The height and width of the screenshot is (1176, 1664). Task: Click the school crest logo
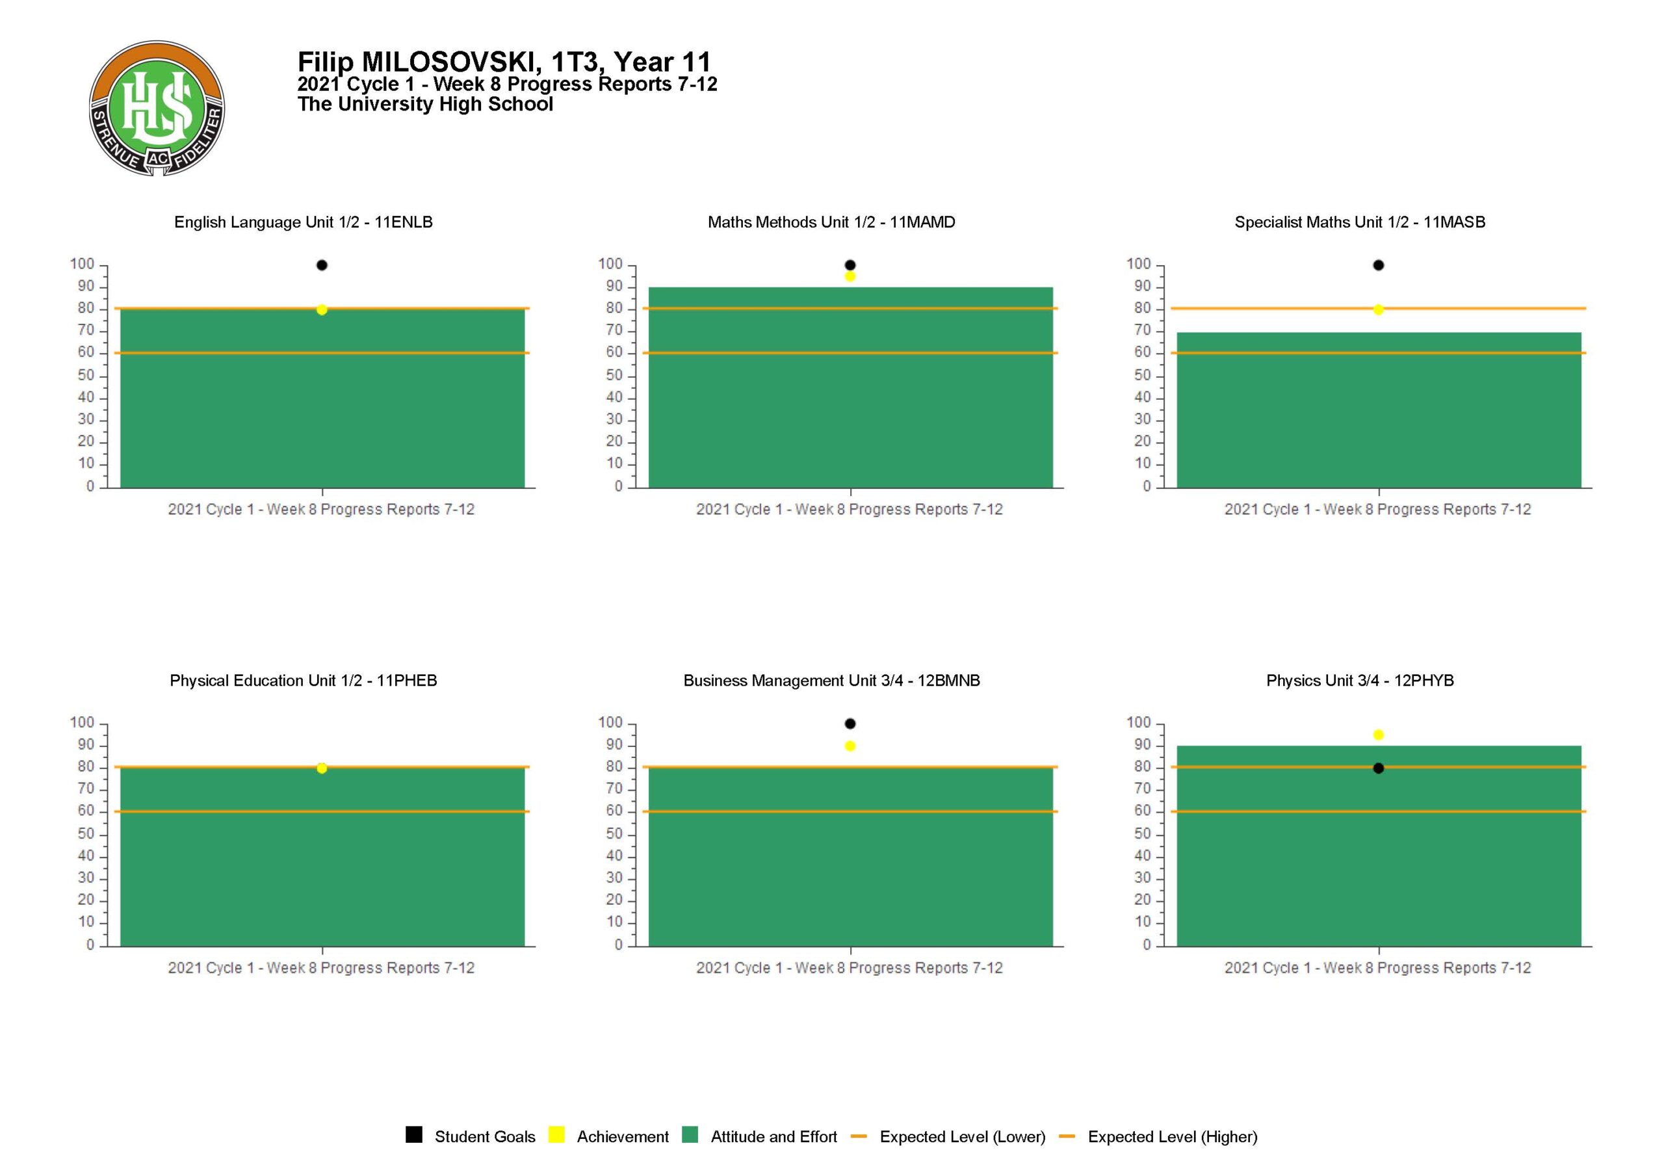(157, 108)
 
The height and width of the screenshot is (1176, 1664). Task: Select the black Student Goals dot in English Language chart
(322, 265)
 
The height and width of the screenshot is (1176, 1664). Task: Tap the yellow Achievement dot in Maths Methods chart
(850, 276)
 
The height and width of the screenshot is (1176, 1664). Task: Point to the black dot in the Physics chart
(1379, 768)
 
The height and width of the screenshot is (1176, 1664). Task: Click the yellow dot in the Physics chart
(1379, 735)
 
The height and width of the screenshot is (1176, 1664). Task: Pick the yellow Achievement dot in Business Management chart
(850, 746)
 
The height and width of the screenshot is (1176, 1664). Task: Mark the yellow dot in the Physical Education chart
(322, 768)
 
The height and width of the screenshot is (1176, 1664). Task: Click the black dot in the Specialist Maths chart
(1379, 265)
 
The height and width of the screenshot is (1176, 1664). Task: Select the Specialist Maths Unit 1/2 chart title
(1360, 222)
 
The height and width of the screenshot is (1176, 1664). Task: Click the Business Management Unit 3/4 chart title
(831, 681)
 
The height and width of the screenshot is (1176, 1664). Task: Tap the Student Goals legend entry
(471, 1137)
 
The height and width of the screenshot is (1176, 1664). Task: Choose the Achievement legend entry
(610, 1137)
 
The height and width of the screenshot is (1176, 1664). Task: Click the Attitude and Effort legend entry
(760, 1137)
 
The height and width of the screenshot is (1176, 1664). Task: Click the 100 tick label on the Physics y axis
(1138, 723)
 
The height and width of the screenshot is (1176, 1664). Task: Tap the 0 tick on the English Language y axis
(90, 486)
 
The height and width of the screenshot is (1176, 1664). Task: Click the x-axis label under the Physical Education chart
(321, 968)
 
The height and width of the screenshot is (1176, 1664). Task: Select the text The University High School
(425, 105)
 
